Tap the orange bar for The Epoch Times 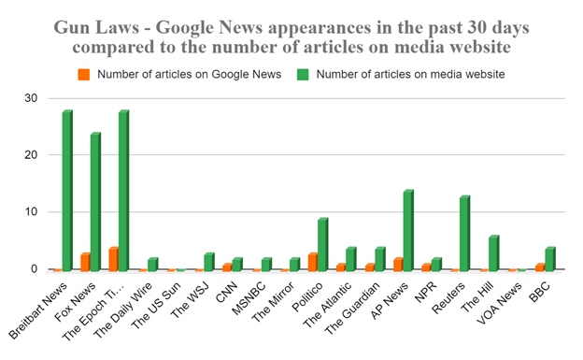pyautogui.click(x=112, y=260)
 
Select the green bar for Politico pyautogui.click(x=322, y=245)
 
